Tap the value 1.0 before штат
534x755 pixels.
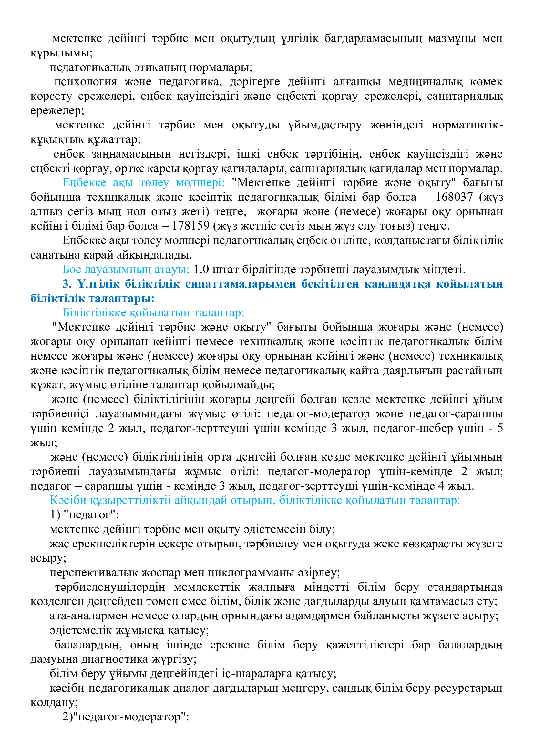coord(201,269)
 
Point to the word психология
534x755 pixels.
coord(86,82)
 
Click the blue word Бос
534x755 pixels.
coord(72,269)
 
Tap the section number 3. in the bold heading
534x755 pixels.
coord(67,284)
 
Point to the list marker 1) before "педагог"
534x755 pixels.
coord(55,515)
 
